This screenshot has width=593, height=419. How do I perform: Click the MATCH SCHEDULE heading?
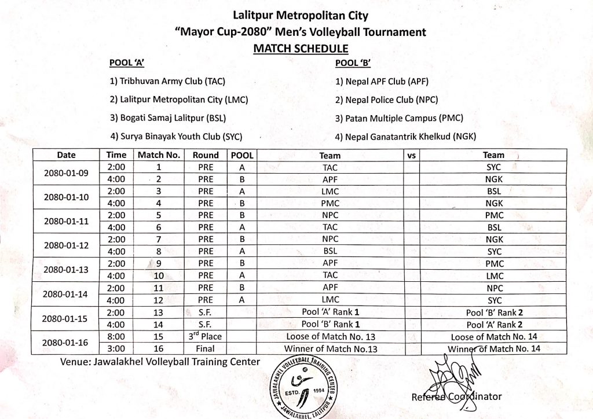301,49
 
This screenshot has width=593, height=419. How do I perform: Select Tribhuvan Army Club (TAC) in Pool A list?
172,82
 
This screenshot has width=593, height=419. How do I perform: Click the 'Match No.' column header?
159,155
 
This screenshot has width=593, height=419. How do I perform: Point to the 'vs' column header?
412,155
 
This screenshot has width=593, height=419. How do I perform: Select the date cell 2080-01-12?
66,245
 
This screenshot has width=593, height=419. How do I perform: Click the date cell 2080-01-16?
66,342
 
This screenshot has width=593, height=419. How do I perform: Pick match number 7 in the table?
159,240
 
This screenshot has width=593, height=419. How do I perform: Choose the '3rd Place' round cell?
206,336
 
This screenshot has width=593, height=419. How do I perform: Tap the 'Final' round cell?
206,348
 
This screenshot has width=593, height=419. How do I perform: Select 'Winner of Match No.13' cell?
330,348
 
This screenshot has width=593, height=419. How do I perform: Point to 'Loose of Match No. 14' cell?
493,336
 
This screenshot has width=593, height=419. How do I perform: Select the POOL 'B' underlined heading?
353,63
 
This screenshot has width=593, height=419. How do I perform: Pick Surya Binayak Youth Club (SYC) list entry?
176,137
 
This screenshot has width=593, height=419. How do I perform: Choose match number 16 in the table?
159,348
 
